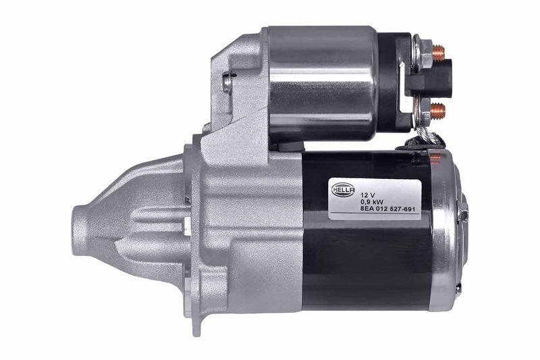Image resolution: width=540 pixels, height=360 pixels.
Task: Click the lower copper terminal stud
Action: tap(438, 107)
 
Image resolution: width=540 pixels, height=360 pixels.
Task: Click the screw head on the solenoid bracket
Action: tap(228, 82)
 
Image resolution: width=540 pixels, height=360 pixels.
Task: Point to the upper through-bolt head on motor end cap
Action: tap(463, 215)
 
